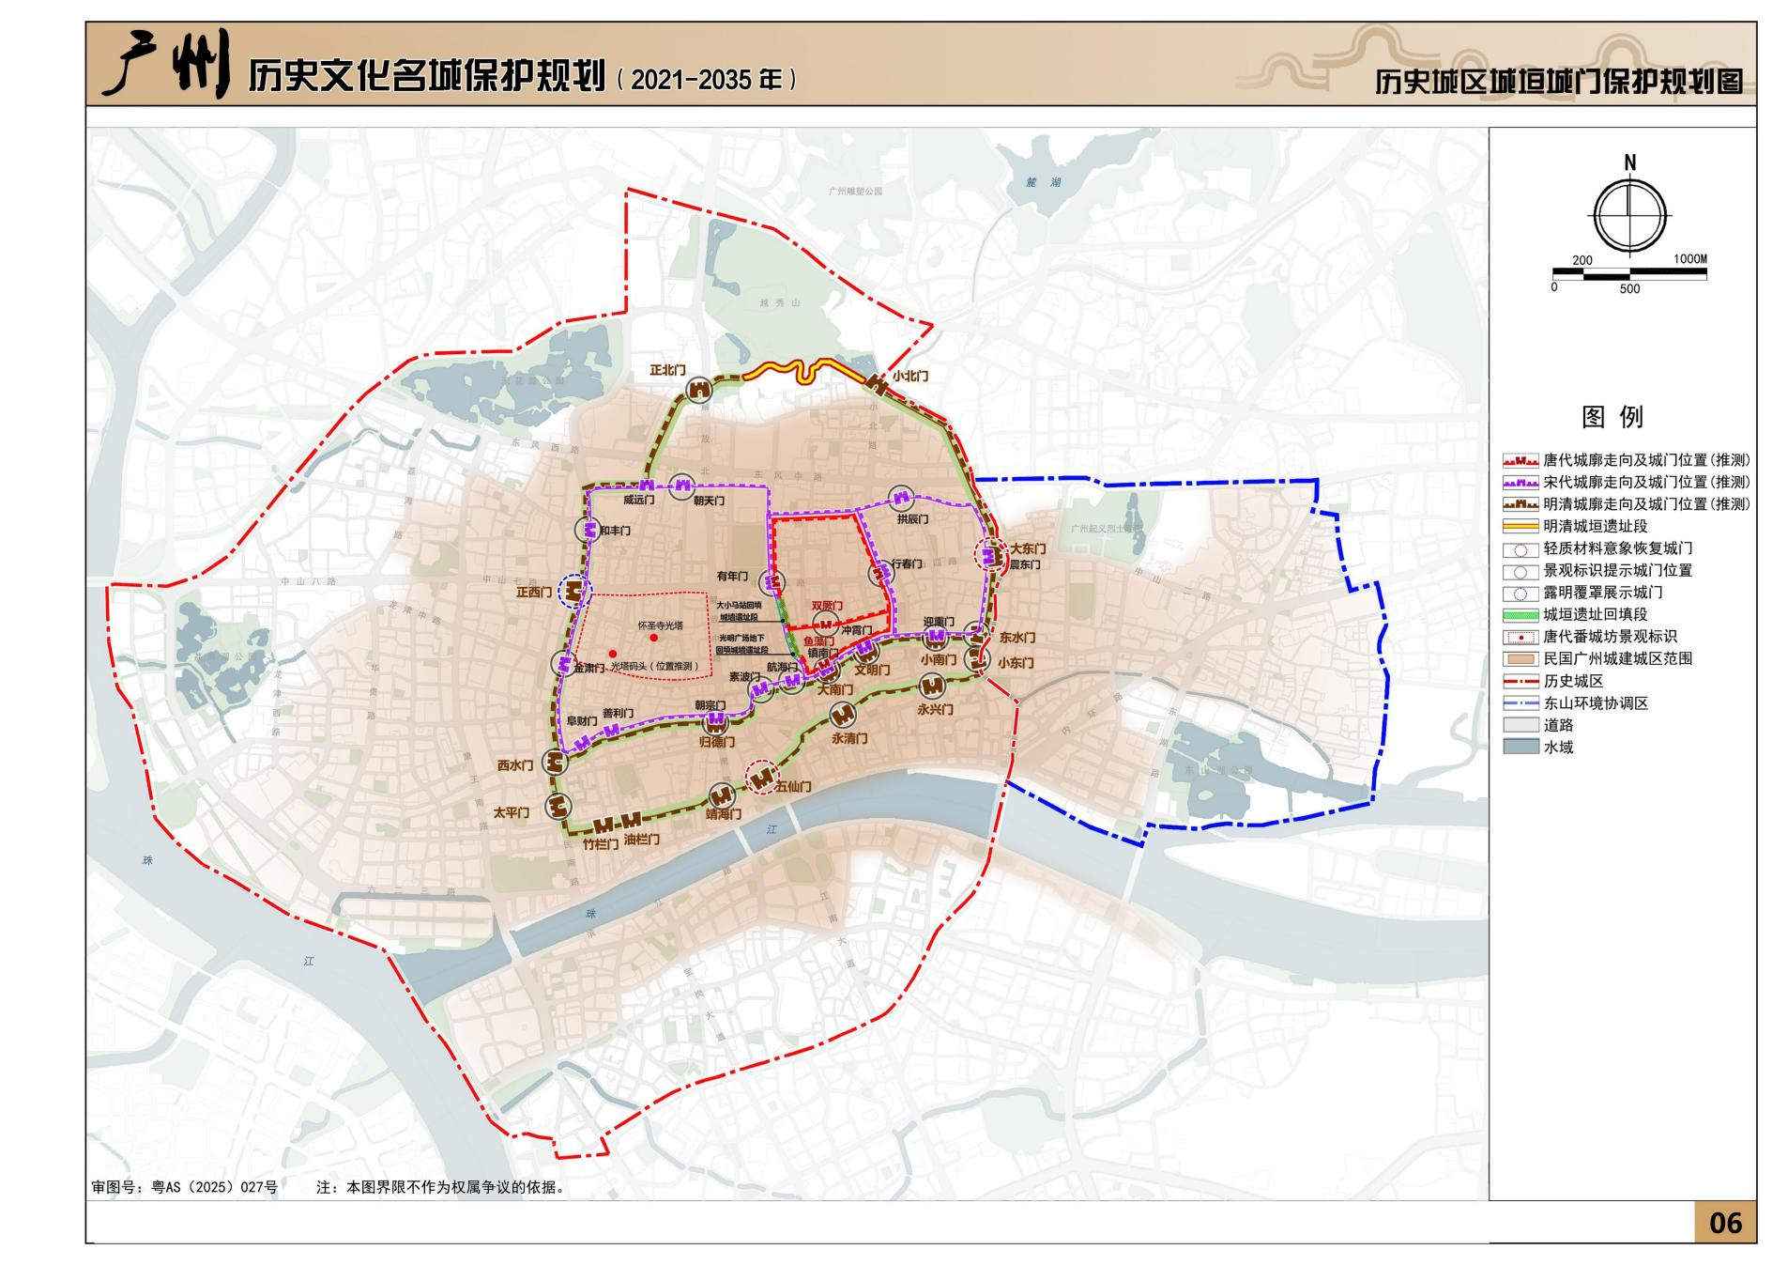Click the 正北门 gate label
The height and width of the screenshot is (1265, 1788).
[667, 371]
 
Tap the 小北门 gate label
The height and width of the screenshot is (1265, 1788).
[909, 376]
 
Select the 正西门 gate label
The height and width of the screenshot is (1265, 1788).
[533, 593]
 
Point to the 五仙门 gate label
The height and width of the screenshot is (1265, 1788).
[793, 786]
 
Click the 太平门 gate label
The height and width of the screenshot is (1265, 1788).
[512, 812]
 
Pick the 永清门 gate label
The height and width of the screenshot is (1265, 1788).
[849, 738]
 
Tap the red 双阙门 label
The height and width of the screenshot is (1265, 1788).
[827, 607]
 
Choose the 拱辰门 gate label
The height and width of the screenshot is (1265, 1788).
[911, 518]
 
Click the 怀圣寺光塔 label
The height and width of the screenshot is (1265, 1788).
[661, 625]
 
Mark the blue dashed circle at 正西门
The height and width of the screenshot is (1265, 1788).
[574, 591]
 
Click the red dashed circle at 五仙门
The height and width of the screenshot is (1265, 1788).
[762, 776]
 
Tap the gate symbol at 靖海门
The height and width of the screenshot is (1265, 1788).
[721, 794]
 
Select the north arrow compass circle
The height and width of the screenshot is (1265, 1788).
[1629, 214]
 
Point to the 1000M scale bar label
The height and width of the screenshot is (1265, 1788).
[1689, 259]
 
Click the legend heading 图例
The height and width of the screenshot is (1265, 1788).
[1612, 417]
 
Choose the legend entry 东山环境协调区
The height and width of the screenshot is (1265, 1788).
[1596, 703]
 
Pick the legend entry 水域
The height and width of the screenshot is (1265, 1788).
[1558, 748]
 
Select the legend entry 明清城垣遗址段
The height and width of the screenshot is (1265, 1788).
[1596, 527]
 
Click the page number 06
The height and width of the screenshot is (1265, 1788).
[1725, 1223]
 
